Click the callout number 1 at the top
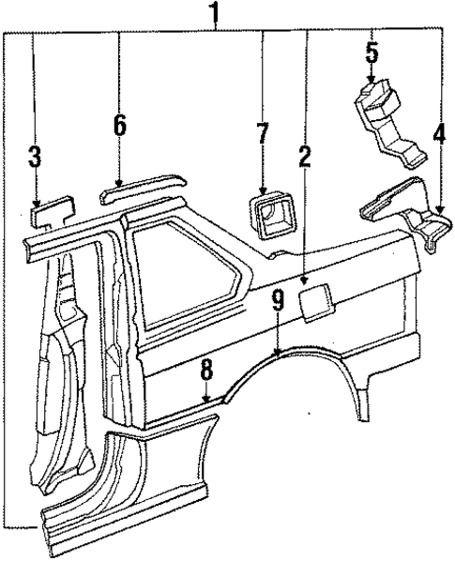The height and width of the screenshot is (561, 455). point(217,13)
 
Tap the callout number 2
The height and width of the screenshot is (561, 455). point(305,158)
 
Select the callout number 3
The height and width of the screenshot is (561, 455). point(35,157)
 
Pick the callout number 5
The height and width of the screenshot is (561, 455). point(372,52)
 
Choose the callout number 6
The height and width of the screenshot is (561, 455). point(119,123)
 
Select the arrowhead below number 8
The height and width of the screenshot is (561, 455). point(206,402)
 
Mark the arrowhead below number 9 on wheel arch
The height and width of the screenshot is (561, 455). point(278,351)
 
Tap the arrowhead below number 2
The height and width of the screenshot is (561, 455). point(306,279)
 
